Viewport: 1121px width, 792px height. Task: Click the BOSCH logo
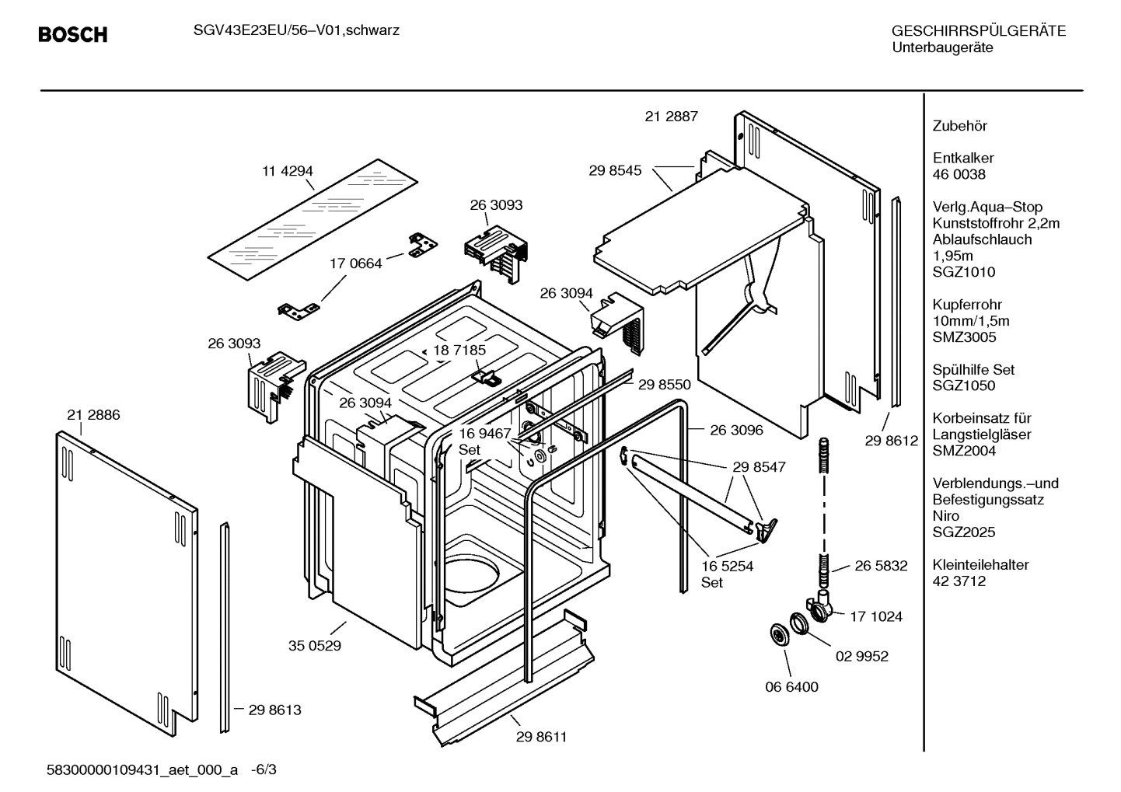[x=72, y=35]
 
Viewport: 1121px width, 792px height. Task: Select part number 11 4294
[x=287, y=171]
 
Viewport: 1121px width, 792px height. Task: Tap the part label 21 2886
[x=93, y=415]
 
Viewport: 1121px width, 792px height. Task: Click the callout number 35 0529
[x=314, y=645]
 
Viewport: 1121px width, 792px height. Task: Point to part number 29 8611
[x=541, y=737]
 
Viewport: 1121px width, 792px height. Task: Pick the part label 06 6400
[x=791, y=687]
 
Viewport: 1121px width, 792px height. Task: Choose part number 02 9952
[x=861, y=656]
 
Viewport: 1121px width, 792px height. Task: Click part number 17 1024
[x=876, y=616]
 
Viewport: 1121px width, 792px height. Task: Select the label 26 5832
[x=881, y=566]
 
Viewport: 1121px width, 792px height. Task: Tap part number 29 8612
[x=892, y=441]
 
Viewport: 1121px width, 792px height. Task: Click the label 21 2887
[x=671, y=117]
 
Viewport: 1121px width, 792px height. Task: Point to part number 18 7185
[x=459, y=350]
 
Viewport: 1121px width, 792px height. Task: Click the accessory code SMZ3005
[x=964, y=337]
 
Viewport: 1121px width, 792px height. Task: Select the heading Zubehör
[x=959, y=126]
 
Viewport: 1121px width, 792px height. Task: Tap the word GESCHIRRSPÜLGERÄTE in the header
[x=978, y=31]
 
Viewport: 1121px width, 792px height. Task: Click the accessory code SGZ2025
[x=964, y=532]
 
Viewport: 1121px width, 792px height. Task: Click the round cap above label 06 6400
[x=777, y=633]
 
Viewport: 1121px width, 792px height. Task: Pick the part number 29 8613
[x=274, y=710]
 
